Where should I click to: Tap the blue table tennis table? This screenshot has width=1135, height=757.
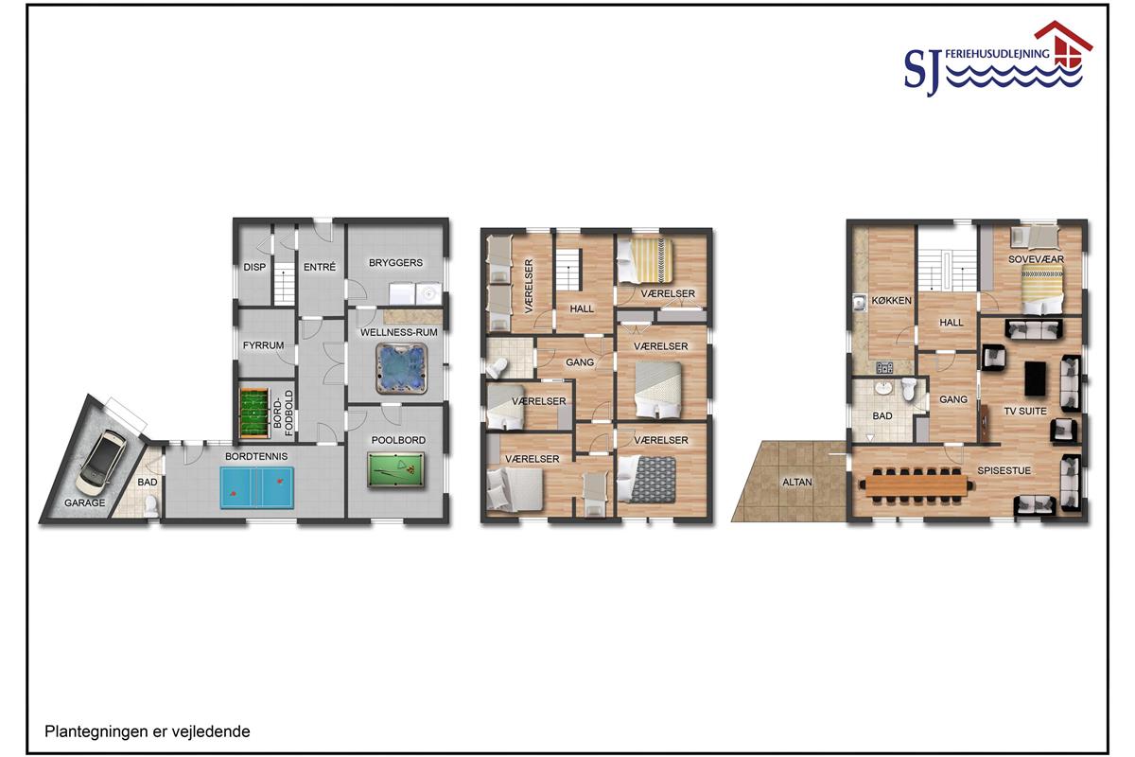[257, 487]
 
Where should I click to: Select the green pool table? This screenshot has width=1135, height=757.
[395, 470]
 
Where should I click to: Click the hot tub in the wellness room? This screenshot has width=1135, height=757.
[401, 369]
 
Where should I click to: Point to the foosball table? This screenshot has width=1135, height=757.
[253, 414]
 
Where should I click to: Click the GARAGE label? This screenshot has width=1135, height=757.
[84, 503]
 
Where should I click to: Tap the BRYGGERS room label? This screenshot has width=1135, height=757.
[395, 263]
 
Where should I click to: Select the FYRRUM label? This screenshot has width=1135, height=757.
[263, 345]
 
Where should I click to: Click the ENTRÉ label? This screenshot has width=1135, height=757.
[320, 267]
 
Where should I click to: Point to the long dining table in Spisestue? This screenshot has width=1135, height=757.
[917, 485]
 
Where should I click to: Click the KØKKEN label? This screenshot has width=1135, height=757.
[891, 300]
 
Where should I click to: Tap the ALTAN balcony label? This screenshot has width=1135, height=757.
[797, 483]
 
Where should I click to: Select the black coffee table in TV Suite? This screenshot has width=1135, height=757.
[1035, 378]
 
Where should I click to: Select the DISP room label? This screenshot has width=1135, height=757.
[254, 267]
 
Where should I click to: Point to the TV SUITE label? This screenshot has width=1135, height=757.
[1025, 412]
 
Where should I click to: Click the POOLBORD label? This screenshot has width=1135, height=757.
[398, 440]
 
